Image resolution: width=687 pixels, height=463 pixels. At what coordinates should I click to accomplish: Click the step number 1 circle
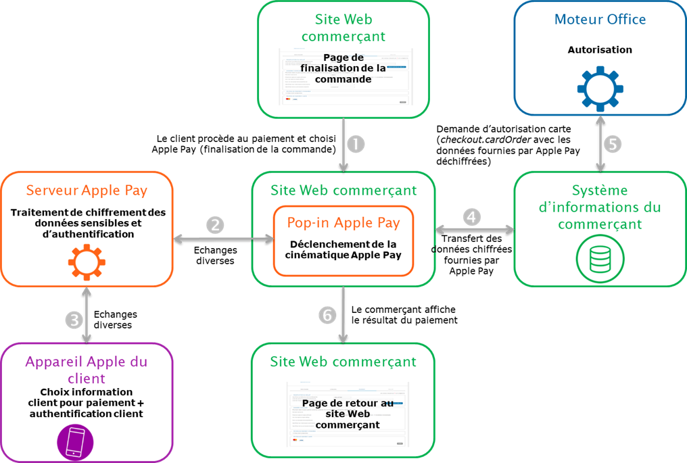pos(356,145)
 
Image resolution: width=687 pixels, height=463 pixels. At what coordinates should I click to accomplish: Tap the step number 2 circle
pos(214,225)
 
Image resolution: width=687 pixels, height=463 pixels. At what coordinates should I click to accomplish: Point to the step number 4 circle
pos(473,217)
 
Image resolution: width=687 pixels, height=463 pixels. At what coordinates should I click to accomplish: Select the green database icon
pos(600,259)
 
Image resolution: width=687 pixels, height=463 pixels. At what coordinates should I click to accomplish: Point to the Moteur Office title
pos(600,20)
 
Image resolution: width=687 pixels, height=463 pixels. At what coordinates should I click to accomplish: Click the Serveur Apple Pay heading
pos(87,190)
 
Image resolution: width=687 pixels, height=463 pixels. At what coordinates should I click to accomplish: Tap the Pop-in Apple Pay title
pos(343,222)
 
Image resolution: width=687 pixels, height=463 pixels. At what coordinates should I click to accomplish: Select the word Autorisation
pos(600,49)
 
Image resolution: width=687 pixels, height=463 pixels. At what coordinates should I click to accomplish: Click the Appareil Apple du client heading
pos(87,370)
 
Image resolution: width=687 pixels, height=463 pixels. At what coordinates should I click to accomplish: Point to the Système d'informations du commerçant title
pos(600,207)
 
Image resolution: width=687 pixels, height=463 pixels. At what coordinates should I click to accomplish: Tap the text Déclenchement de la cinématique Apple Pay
pos(343,249)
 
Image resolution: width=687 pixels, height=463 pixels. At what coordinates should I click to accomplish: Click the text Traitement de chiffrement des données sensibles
pos(88,218)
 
